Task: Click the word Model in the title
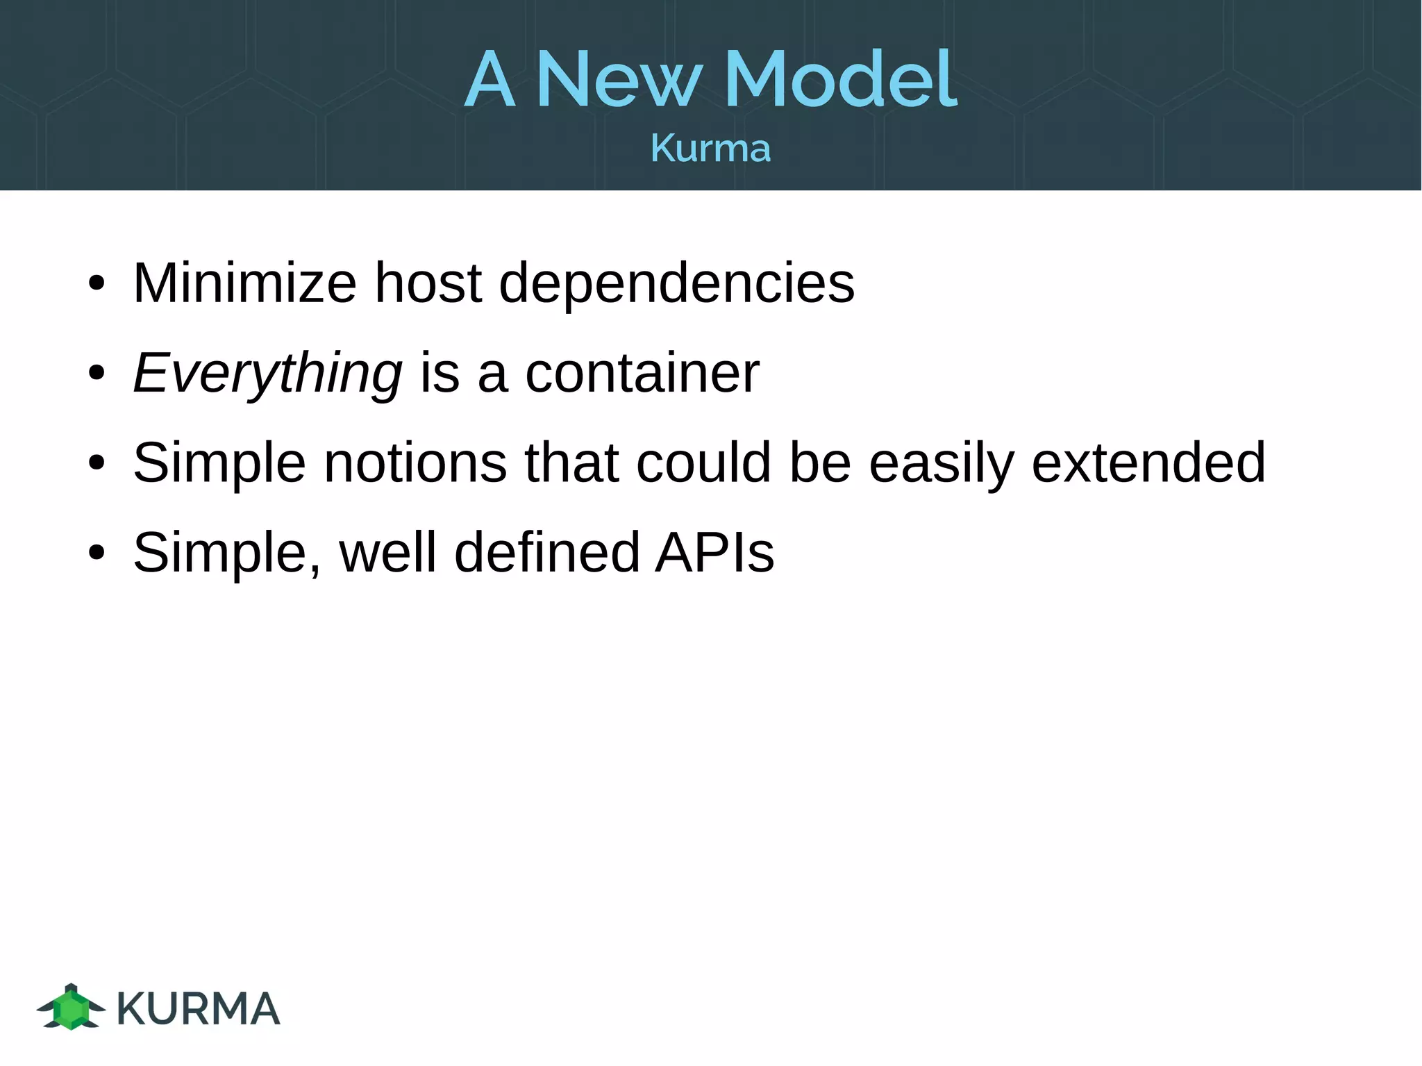pyautogui.click(x=840, y=79)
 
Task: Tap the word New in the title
pyautogui.click(x=619, y=79)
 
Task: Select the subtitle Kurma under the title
pyautogui.click(x=710, y=148)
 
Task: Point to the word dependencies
pyautogui.click(x=676, y=284)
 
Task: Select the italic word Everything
pyautogui.click(x=267, y=374)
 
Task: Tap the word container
pyautogui.click(x=642, y=374)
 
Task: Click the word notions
pyautogui.click(x=415, y=463)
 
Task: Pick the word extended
pyautogui.click(x=1148, y=463)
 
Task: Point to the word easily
pyautogui.click(x=942, y=464)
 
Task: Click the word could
pyautogui.click(x=703, y=463)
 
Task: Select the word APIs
pyautogui.click(x=714, y=553)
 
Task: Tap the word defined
pyautogui.click(x=546, y=553)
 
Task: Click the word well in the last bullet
pyautogui.click(x=388, y=553)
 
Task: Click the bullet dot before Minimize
pyautogui.click(x=97, y=284)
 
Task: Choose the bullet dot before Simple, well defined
pyautogui.click(x=97, y=553)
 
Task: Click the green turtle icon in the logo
pyautogui.click(x=71, y=1007)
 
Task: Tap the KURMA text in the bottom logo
pyautogui.click(x=199, y=1009)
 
